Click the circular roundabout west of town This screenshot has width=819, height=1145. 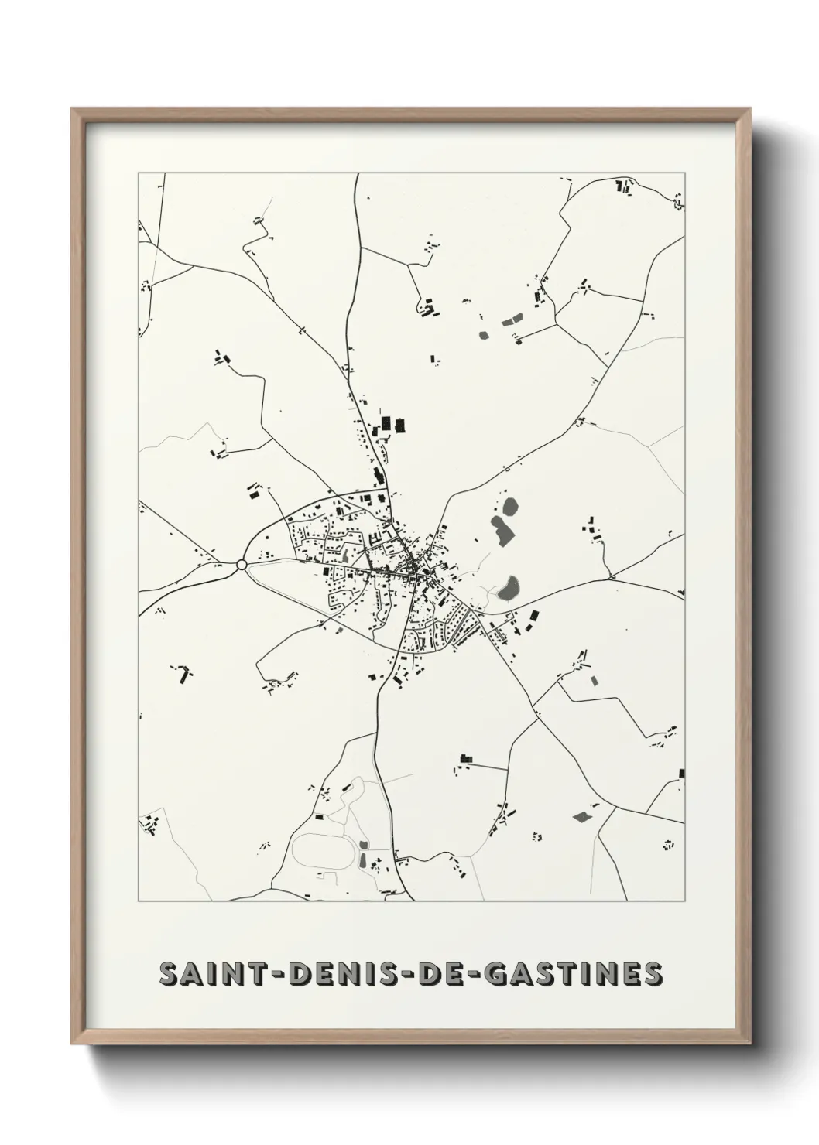(242, 566)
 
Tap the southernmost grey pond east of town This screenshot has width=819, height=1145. (509, 590)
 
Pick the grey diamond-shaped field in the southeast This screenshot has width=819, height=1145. (581, 816)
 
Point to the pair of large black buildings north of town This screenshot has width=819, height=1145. (392, 426)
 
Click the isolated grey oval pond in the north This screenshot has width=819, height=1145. (485, 336)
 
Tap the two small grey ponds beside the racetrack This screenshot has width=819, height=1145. (363, 853)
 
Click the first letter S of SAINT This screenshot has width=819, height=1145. (168, 975)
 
